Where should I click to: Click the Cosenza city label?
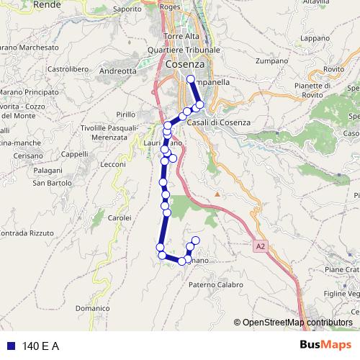184,64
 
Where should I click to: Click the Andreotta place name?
117,71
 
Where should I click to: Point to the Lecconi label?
113,165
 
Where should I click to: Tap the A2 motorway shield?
260,246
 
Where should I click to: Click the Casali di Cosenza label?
218,122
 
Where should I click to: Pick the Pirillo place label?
125,114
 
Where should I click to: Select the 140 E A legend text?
40,346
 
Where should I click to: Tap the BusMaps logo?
321,346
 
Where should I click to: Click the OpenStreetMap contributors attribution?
297,323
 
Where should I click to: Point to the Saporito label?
127,9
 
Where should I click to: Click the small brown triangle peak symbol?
217,194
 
